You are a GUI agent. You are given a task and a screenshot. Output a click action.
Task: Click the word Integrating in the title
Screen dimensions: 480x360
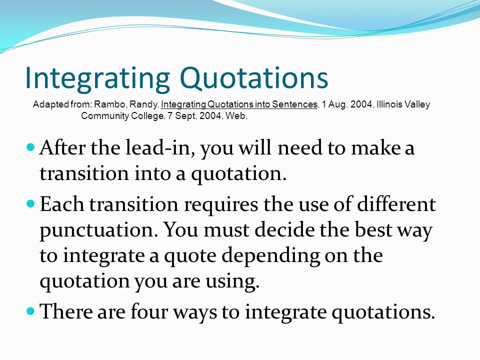tap(97, 78)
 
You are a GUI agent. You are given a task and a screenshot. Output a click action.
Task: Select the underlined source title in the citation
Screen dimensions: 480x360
tap(239, 104)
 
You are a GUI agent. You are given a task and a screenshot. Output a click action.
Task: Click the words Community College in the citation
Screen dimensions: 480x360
tap(122, 116)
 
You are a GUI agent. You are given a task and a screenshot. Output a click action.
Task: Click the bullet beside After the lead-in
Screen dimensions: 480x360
tap(31, 147)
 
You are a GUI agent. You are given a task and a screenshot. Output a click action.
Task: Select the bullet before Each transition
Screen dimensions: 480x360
tap(31, 203)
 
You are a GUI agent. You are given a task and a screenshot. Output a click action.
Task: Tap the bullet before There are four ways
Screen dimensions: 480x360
tap(31, 311)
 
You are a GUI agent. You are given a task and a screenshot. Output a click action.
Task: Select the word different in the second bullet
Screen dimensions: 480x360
tap(396, 204)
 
